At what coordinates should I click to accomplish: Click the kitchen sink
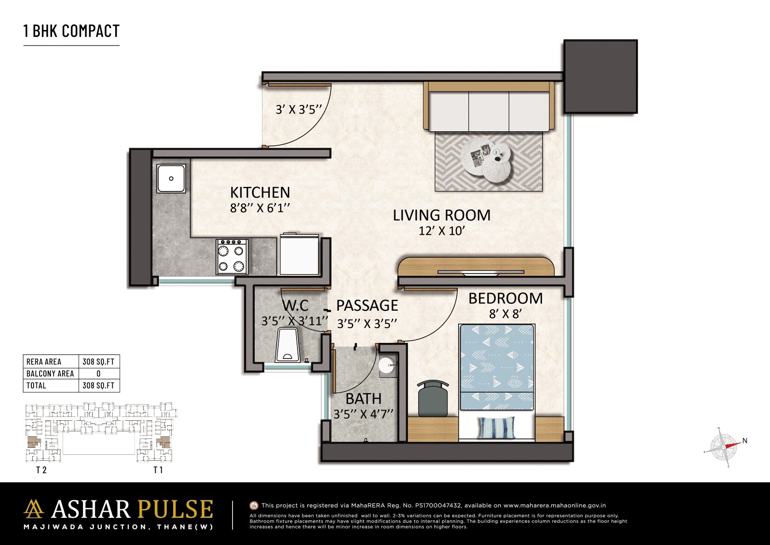(x=171, y=179)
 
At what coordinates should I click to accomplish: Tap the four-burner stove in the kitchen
(x=232, y=257)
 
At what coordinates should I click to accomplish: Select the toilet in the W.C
(x=288, y=345)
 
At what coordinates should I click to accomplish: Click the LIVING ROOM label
(x=441, y=215)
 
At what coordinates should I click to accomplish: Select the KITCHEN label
(x=260, y=192)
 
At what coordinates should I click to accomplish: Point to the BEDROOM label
(x=505, y=298)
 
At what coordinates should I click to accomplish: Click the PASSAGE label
(x=367, y=306)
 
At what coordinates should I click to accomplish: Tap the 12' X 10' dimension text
(x=441, y=231)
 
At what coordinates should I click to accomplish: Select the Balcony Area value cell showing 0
(x=99, y=374)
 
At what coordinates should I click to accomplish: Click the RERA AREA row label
(x=44, y=362)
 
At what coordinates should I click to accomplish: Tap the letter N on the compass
(x=745, y=441)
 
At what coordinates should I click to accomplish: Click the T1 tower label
(x=158, y=470)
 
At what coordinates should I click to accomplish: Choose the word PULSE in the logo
(x=175, y=509)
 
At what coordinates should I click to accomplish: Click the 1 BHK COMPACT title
(x=71, y=31)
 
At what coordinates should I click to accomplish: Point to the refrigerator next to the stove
(x=299, y=255)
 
